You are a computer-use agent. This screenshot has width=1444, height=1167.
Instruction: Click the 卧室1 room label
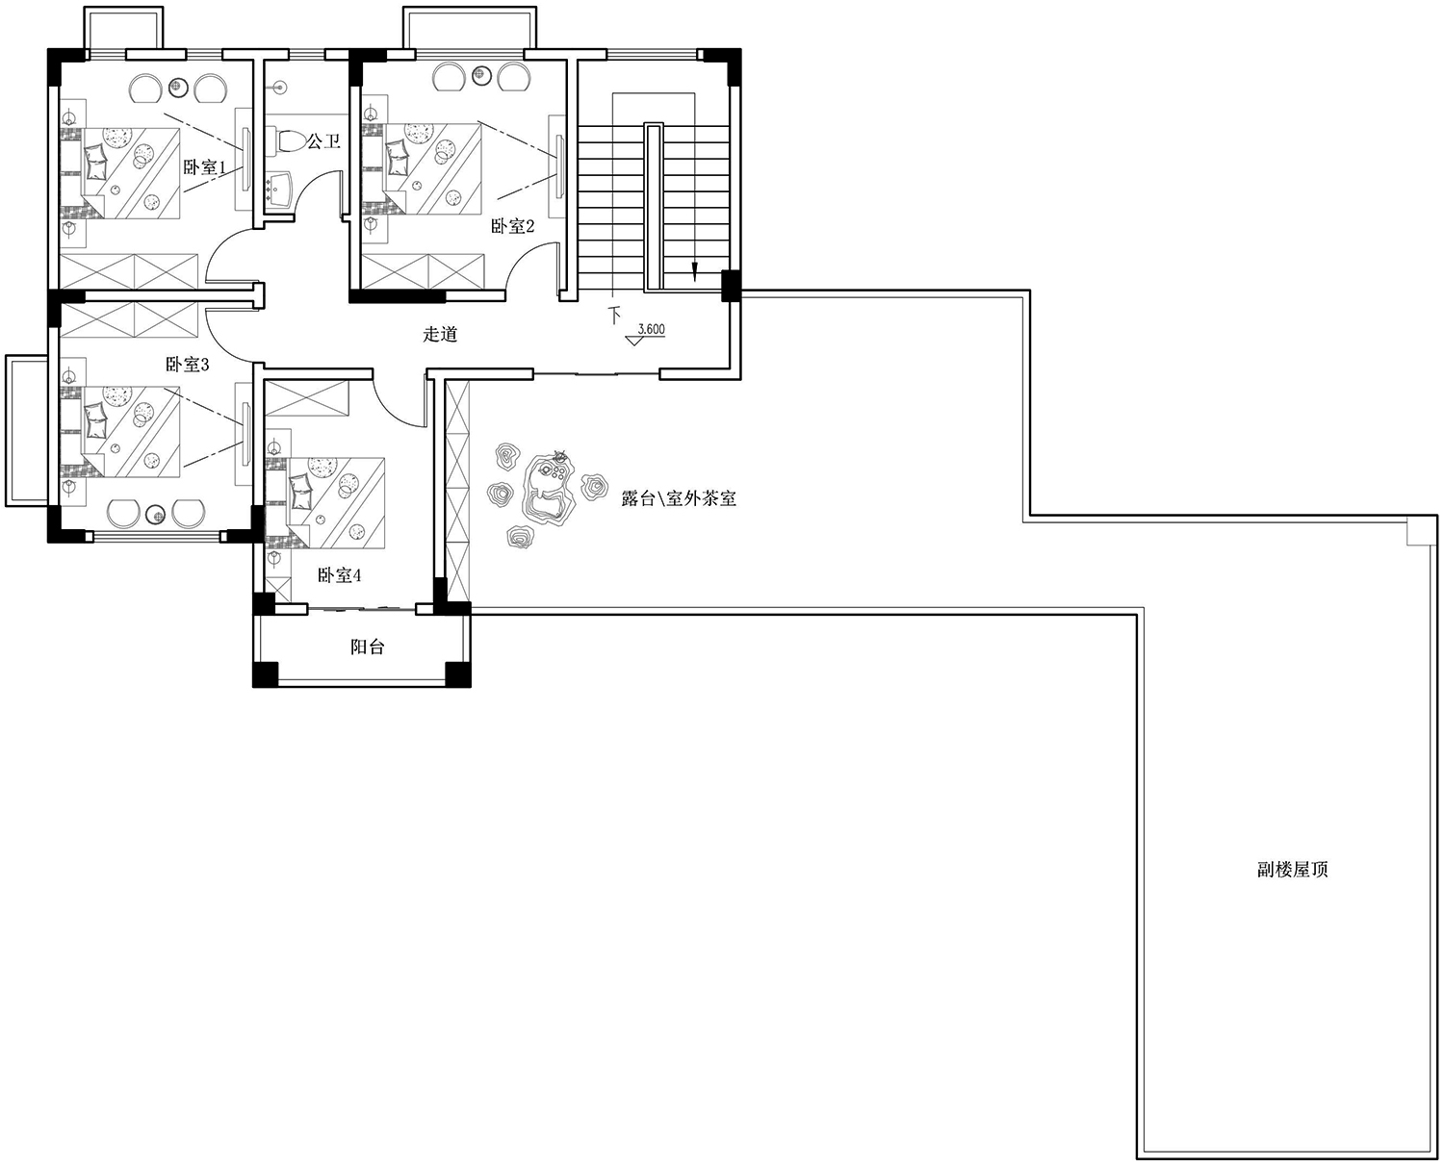pos(204,165)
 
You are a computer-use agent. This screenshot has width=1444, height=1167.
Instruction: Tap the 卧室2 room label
pos(512,225)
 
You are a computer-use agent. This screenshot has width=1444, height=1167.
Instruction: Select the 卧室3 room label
pos(188,365)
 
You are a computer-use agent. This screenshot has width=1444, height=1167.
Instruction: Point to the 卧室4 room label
pos(340,575)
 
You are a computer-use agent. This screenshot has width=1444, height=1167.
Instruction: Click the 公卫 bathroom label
pos(322,140)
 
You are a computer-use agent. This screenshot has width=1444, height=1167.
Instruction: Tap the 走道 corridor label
pos(441,334)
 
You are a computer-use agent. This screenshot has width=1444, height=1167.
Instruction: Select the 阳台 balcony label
pos(368,647)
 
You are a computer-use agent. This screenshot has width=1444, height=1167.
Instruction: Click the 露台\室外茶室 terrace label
pos(679,499)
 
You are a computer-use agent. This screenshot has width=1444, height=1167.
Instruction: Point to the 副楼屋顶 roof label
pos(1293,870)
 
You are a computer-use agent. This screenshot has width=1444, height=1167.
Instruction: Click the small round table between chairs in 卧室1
pos(178,86)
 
